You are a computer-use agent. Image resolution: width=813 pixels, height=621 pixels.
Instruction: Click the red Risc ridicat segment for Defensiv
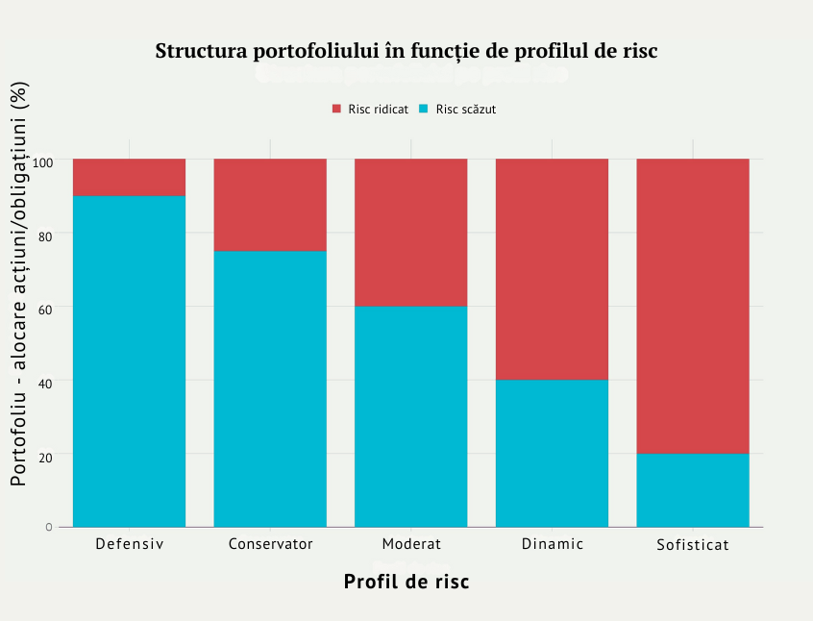(x=129, y=177)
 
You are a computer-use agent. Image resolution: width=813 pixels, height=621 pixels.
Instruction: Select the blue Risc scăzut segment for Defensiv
(x=129, y=361)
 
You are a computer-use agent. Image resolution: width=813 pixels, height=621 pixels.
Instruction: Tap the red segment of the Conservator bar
(x=270, y=205)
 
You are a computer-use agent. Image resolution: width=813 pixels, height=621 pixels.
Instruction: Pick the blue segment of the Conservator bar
(x=270, y=388)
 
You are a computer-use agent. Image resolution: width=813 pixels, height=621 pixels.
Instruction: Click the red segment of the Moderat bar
(x=411, y=233)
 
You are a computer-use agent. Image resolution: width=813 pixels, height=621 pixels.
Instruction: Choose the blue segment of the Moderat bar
(x=411, y=416)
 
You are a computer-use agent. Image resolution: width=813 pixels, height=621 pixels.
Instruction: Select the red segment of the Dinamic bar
(x=552, y=269)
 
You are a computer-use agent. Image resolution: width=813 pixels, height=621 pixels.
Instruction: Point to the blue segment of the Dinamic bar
(x=552, y=453)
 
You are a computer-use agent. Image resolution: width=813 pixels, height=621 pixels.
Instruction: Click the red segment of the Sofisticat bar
(x=693, y=306)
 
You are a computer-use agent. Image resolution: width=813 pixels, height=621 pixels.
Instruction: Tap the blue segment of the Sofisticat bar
(x=693, y=490)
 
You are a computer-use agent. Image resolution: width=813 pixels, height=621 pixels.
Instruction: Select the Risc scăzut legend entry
(x=458, y=109)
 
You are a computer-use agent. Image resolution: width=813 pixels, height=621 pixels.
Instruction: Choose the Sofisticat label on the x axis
(x=693, y=545)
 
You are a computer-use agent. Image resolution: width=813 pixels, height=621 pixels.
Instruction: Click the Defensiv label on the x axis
(x=130, y=544)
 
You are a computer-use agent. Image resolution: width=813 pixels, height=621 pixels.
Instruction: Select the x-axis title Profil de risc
(x=406, y=582)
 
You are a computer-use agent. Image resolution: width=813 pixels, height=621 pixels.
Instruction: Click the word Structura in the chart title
(x=198, y=51)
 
